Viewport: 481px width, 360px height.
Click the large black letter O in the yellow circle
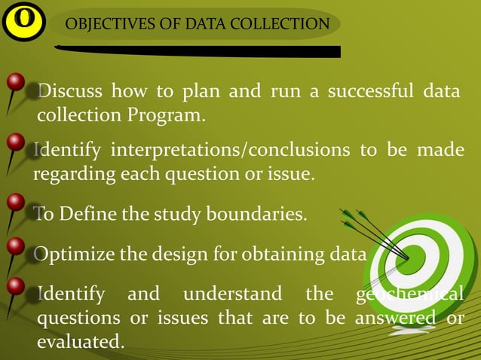point(24,20)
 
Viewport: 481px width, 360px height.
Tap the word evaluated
point(80,341)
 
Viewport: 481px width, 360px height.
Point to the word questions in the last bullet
point(79,317)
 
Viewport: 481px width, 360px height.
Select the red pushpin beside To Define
point(15,204)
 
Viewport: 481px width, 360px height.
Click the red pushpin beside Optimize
point(15,246)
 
